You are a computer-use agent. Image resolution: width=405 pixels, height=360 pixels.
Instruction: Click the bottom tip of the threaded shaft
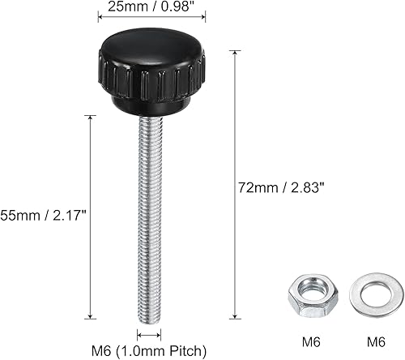tap(149, 318)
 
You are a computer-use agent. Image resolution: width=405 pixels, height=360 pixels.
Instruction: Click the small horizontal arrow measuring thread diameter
tap(149, 334)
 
